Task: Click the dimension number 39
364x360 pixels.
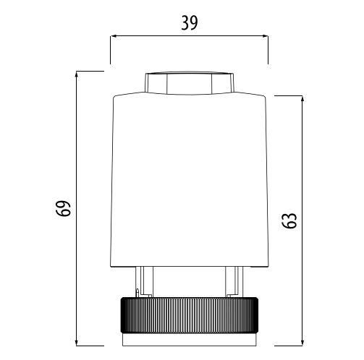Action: pyautogui.click(x=190, y=23)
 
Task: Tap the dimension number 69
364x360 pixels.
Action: pyautogui.click(x=63, y=208)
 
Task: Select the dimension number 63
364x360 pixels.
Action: pyautogui.click(x=289, y=220)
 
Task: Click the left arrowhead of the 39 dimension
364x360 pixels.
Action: pyautogui.click(x=114, y=36)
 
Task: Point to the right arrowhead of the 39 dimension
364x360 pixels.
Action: pyautogui.click(x=265, y=36)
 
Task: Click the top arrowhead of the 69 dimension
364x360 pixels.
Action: pyautogui.click(x=77, y=74)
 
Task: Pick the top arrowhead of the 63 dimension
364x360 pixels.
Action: pyautogui.click(x=302, y=99)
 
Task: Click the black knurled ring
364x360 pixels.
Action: pyautogui.click(x=190, y=315)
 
